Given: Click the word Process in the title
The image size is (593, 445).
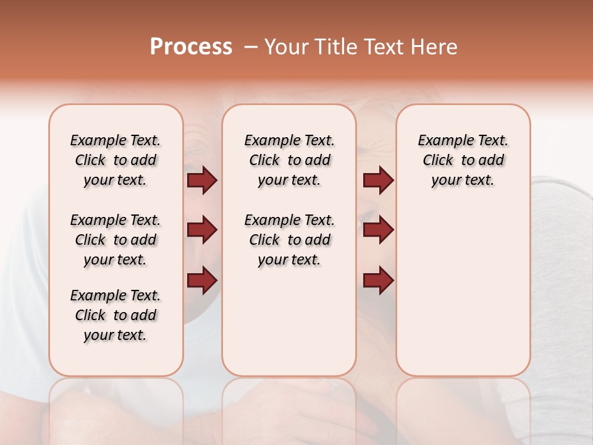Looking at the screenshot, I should (191, 47).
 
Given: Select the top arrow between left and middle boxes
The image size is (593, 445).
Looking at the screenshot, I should (202, 180).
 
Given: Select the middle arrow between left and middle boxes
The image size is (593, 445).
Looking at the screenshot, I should (202, 231).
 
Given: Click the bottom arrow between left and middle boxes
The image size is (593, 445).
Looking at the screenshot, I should (202, 280).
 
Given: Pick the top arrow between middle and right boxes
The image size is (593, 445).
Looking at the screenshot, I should (378, 180).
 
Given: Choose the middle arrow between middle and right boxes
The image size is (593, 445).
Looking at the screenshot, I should (378, 231).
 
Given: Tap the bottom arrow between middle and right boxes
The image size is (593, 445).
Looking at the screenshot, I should (378, 280).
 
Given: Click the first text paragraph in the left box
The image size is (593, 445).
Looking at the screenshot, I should (116, 160).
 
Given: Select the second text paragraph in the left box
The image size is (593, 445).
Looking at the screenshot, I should (116, 240).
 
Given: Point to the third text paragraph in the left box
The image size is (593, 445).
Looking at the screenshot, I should (116, 315).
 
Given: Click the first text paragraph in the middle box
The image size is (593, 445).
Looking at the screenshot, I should (289, 160).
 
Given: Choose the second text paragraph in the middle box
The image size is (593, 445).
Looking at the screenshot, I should (289, 240).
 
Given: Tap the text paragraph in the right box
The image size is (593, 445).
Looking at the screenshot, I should (463, 160).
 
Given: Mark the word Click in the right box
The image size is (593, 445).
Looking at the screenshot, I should (438, 160).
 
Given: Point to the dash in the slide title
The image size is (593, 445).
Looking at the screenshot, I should (250, 48).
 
